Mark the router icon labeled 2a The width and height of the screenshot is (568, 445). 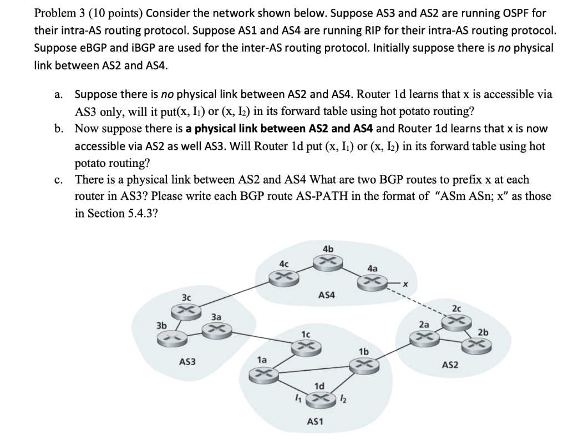tap(424, 337)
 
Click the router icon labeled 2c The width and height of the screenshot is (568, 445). tap(456, 321)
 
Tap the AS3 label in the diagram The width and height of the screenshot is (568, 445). tap(187, 362)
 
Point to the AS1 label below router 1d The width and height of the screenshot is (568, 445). tap(315, 422)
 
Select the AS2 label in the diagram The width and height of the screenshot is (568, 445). tap(450, 365)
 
